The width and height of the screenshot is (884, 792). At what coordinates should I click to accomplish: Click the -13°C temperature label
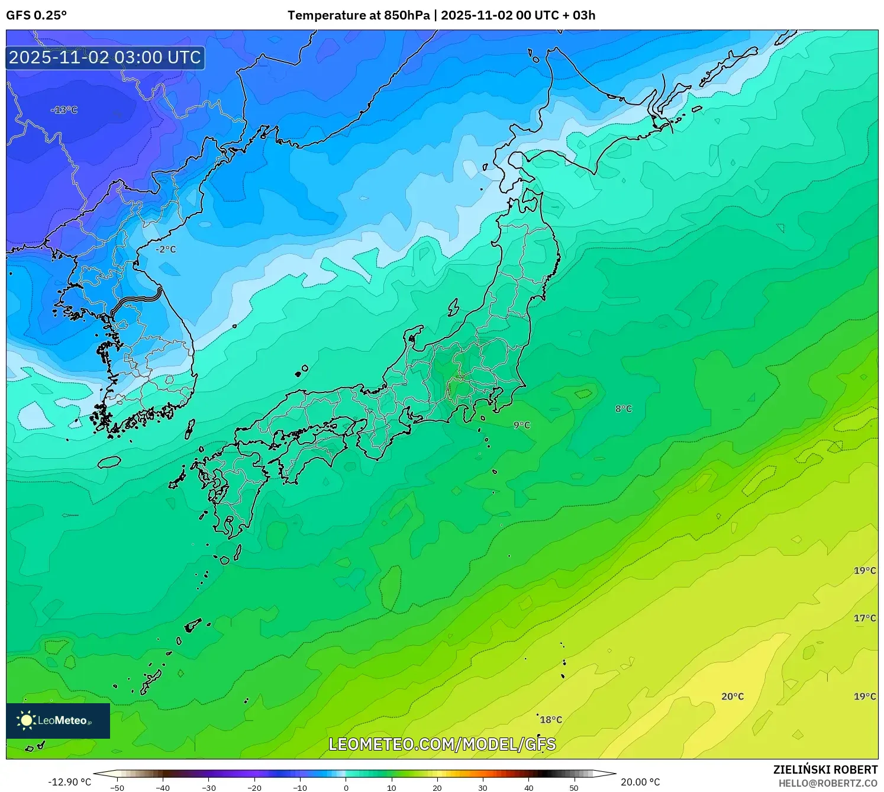(x=64, y=110)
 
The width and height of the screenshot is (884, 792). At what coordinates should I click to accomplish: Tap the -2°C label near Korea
(x=166, y=250)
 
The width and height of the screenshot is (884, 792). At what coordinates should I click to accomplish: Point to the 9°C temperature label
(x=521, y=425)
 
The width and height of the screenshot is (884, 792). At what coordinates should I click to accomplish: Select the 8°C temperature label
(x=623, y=408)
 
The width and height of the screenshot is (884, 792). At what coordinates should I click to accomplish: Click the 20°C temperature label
(x=732, y=696)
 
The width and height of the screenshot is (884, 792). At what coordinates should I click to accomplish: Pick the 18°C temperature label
(x=550, y=720)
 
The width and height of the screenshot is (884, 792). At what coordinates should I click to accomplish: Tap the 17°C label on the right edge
(x=864, y=618)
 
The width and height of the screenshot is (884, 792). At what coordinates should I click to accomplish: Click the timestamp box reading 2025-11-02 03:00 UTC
(x=105, y=57)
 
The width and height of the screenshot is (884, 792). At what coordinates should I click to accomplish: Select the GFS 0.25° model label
(x=37, y=15)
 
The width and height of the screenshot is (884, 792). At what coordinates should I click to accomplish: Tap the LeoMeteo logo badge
(x=58, y=720)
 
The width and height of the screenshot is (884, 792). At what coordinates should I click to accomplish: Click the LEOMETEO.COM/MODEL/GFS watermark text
(x=442, y=744)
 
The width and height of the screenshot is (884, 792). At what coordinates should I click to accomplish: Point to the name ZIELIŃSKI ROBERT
(x=825, y=770)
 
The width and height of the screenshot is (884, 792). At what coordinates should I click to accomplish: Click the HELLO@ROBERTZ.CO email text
(x=828, y=783)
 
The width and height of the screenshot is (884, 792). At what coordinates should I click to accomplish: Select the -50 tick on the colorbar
(x=117, y=788)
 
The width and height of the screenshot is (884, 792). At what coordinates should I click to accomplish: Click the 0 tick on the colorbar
(x=346, y=788)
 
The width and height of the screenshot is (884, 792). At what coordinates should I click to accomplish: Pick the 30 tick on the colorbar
(x=483, y=788)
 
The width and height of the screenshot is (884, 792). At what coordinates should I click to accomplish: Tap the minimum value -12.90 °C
(x=69, y=782)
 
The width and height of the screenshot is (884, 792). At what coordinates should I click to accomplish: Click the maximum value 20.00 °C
(x=640, y=782)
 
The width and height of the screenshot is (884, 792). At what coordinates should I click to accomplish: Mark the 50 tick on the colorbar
(x=574, y=788)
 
